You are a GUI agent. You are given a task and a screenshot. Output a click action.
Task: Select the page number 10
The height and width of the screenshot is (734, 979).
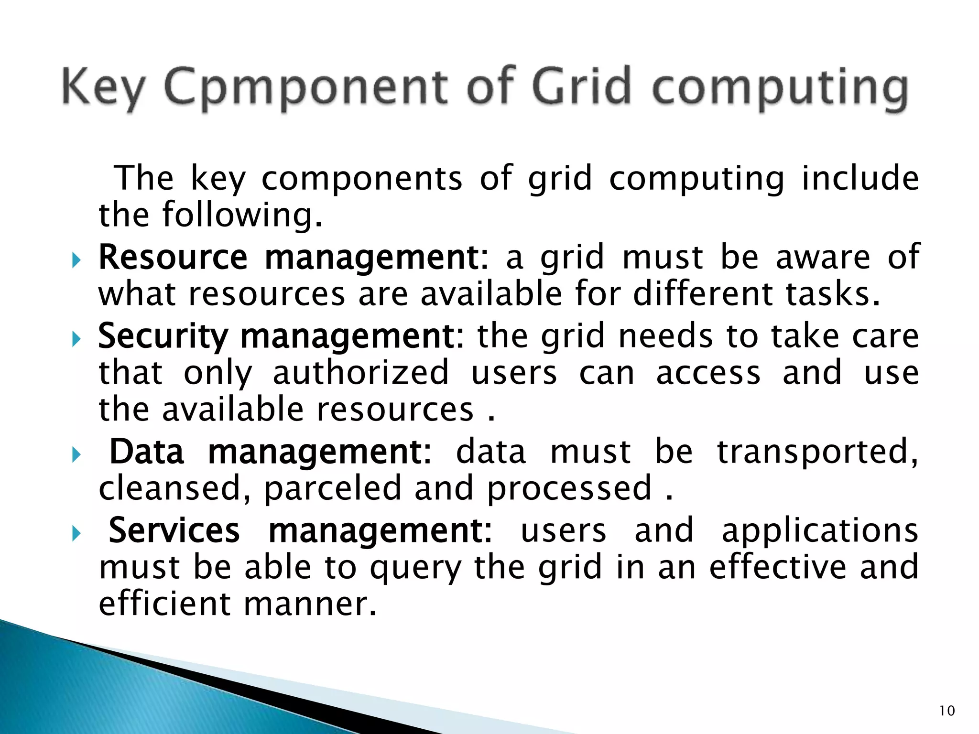point(947,711)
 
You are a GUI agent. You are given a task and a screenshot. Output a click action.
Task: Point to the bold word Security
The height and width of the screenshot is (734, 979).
point(163,336)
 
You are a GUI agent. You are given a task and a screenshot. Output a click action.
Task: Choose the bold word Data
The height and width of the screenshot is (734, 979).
point(147,452)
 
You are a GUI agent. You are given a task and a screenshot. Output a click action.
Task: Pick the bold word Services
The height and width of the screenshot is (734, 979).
point(174,530)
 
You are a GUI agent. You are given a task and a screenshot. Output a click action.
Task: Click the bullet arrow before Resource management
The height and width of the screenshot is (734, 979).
point(76,261)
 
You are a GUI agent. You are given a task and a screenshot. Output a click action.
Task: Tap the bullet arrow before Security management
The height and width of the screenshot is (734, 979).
point(76,340)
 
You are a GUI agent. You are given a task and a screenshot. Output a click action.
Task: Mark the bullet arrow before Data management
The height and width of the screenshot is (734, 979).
point(76,455)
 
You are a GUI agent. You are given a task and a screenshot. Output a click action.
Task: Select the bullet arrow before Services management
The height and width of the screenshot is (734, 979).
point(76,534)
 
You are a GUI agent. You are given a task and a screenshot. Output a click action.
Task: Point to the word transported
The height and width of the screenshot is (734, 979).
point(817,452)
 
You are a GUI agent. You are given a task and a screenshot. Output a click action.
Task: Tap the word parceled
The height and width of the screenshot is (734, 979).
point(333,488)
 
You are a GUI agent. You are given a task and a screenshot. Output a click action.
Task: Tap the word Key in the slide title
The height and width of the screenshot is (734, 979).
point(103,88)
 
